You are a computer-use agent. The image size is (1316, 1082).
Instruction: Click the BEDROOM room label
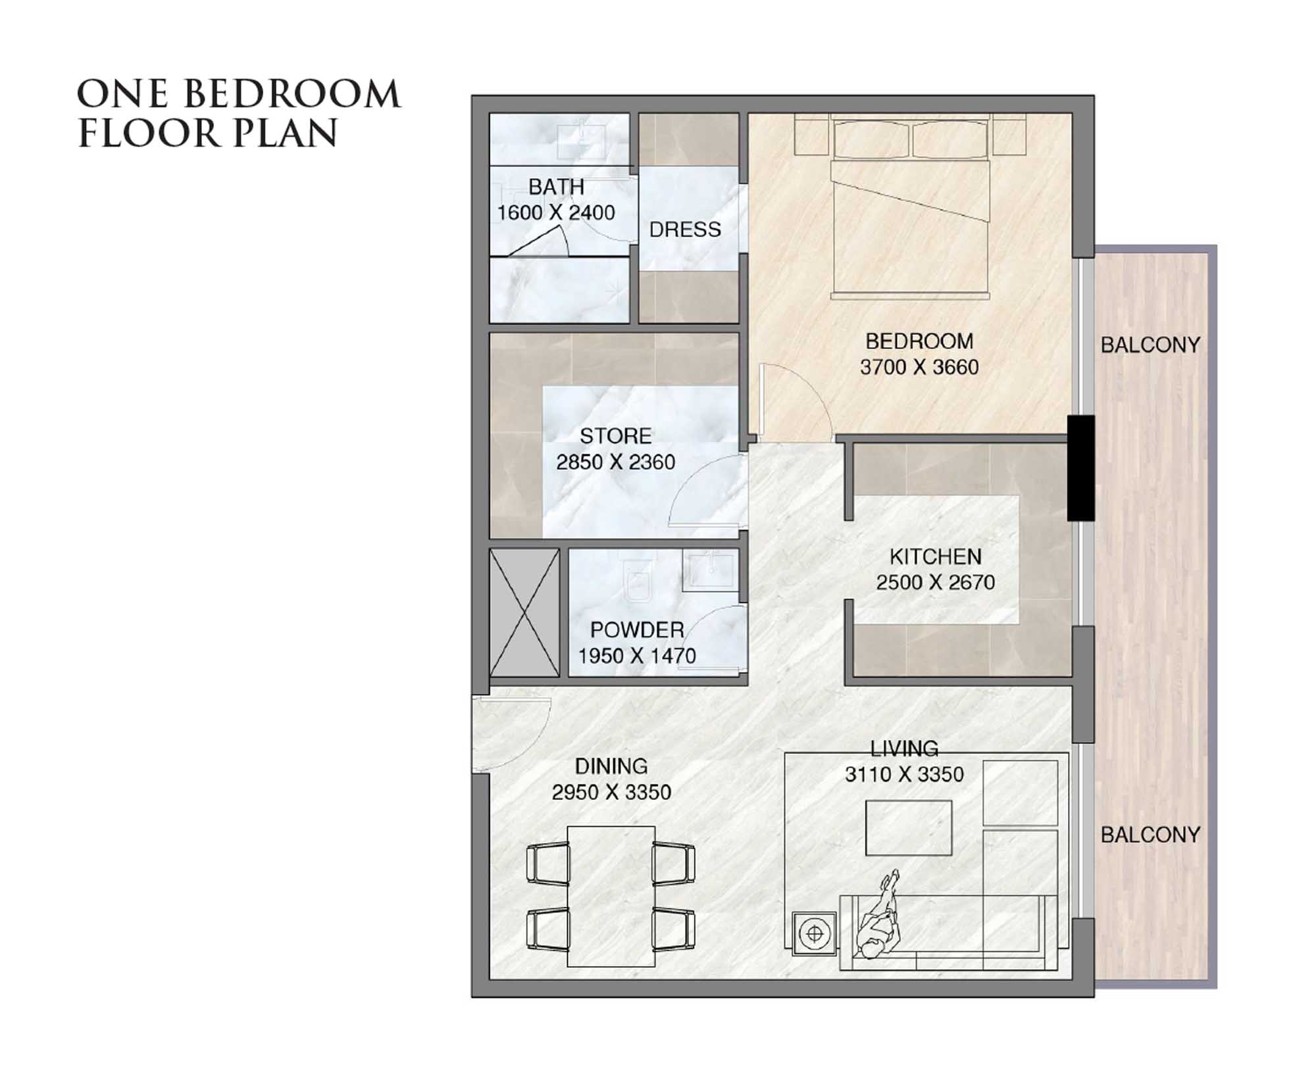click(x=919, y=341)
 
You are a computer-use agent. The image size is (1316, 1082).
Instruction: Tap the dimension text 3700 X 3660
click(x=919, y=367)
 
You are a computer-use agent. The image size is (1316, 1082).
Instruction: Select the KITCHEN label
click(x=935, y=557)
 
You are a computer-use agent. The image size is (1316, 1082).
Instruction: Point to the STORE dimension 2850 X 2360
click(x=615, y=462)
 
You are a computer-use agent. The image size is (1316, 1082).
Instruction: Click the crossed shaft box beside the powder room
click(x=524, y=613)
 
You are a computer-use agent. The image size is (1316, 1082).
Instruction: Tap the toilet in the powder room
click(x=636, y=583)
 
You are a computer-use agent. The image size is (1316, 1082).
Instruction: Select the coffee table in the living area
click(x=908, y=827)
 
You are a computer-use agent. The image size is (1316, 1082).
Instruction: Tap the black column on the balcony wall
click(x=1080, y=468)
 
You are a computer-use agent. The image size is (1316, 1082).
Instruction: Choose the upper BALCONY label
click(x=1150, y=345)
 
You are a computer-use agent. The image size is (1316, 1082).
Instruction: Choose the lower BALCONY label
click(x=1150, y=835)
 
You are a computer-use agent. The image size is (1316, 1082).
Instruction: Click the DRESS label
click(x=684, y=230)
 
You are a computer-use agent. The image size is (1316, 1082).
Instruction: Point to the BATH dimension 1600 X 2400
click(x=555, y=213)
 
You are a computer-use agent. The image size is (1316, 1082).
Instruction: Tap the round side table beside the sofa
click(x=815, y=933)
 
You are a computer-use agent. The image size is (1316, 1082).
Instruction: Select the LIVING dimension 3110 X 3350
click(x=904, y=775)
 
